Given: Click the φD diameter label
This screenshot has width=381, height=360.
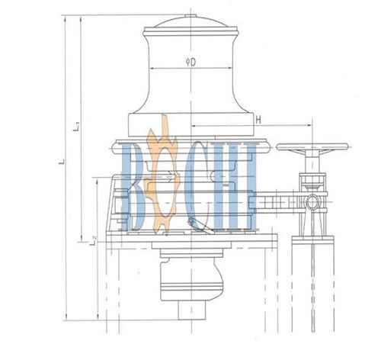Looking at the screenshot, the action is click(191, 62).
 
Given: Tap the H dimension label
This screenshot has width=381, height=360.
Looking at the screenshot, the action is click(258, 120).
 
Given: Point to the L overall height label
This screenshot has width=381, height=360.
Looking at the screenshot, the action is click(62, 161).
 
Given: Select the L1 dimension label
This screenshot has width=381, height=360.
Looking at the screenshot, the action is click(78, 127).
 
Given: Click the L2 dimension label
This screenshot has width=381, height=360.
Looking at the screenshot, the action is click(94, 240).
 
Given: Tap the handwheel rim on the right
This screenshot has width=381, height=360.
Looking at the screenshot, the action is click(312, 146).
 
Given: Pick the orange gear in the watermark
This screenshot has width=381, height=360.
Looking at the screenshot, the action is click(162, 175).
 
